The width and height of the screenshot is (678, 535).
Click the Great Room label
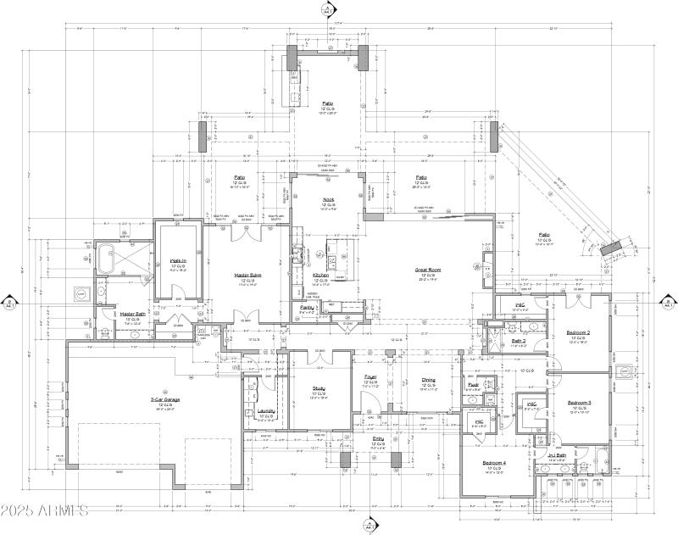tap(425, 270)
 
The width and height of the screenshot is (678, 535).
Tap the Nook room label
tap(328, 200)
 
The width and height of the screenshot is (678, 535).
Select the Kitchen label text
tap(320, 276)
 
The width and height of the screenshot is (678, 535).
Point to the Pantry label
tap(307, 306)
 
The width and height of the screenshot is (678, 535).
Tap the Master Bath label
tap(131, 314)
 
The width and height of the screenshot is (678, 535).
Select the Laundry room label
tap(266, 410)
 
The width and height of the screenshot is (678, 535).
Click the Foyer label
tap(371, 376)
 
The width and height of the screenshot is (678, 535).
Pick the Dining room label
tap(429, 380)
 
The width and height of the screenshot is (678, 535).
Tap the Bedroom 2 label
tap(579, 332)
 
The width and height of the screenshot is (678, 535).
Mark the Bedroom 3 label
tap(580, 402)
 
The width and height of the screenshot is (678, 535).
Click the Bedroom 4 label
tap(494, 462)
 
